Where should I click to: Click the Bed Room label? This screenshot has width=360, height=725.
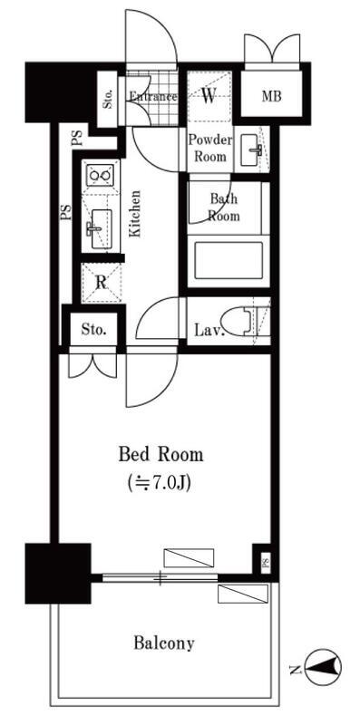click(161, 455)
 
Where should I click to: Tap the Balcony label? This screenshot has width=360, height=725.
click(164, 643)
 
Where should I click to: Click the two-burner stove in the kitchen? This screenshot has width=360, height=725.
click(101, 175)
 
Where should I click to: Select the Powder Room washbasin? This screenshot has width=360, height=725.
click(252, 150)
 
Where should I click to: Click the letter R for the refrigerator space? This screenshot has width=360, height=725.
click(102, 283)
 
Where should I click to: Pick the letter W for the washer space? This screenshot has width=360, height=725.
click(209, 95)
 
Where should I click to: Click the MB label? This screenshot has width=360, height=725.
click(272, 96)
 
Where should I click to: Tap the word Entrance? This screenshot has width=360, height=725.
click(153, 97)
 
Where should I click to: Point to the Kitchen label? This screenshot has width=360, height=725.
click(134, 214)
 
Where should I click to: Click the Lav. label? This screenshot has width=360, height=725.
click(209, 330)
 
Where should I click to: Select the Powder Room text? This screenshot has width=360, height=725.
click(210, 148)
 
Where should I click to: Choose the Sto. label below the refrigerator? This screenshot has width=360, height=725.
click(93, 330)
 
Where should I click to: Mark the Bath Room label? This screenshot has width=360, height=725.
click(224, 208)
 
